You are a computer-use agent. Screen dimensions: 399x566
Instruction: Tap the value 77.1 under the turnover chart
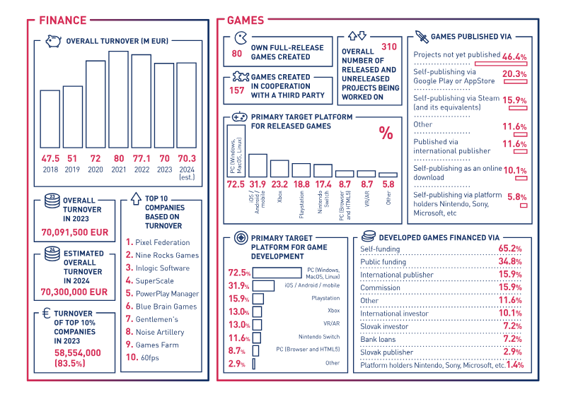tap(141, 159)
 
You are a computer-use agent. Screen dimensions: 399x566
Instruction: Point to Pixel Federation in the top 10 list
tap(162, 242)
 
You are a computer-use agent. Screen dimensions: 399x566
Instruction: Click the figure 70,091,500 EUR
tap(74, 230)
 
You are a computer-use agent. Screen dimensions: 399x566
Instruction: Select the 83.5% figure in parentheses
tap(69, 363)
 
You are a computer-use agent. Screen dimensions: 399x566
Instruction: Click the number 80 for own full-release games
tap(237, 53)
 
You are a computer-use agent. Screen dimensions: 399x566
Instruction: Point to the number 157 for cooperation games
tap(237, 90)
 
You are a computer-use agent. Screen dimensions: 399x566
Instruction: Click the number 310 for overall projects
tap(388, 47)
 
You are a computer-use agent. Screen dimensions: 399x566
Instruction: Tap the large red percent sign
tap(386, 133)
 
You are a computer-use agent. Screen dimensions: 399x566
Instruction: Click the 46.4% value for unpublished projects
tap(514, 56)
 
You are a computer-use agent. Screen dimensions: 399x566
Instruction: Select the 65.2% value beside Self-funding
tap(510, 249)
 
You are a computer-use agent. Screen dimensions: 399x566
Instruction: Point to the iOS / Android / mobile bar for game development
tap(263, 285)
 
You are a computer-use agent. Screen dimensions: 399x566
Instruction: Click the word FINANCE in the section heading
tap(63, 20)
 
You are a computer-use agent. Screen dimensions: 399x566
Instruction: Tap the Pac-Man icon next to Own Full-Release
tap(241, 39)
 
